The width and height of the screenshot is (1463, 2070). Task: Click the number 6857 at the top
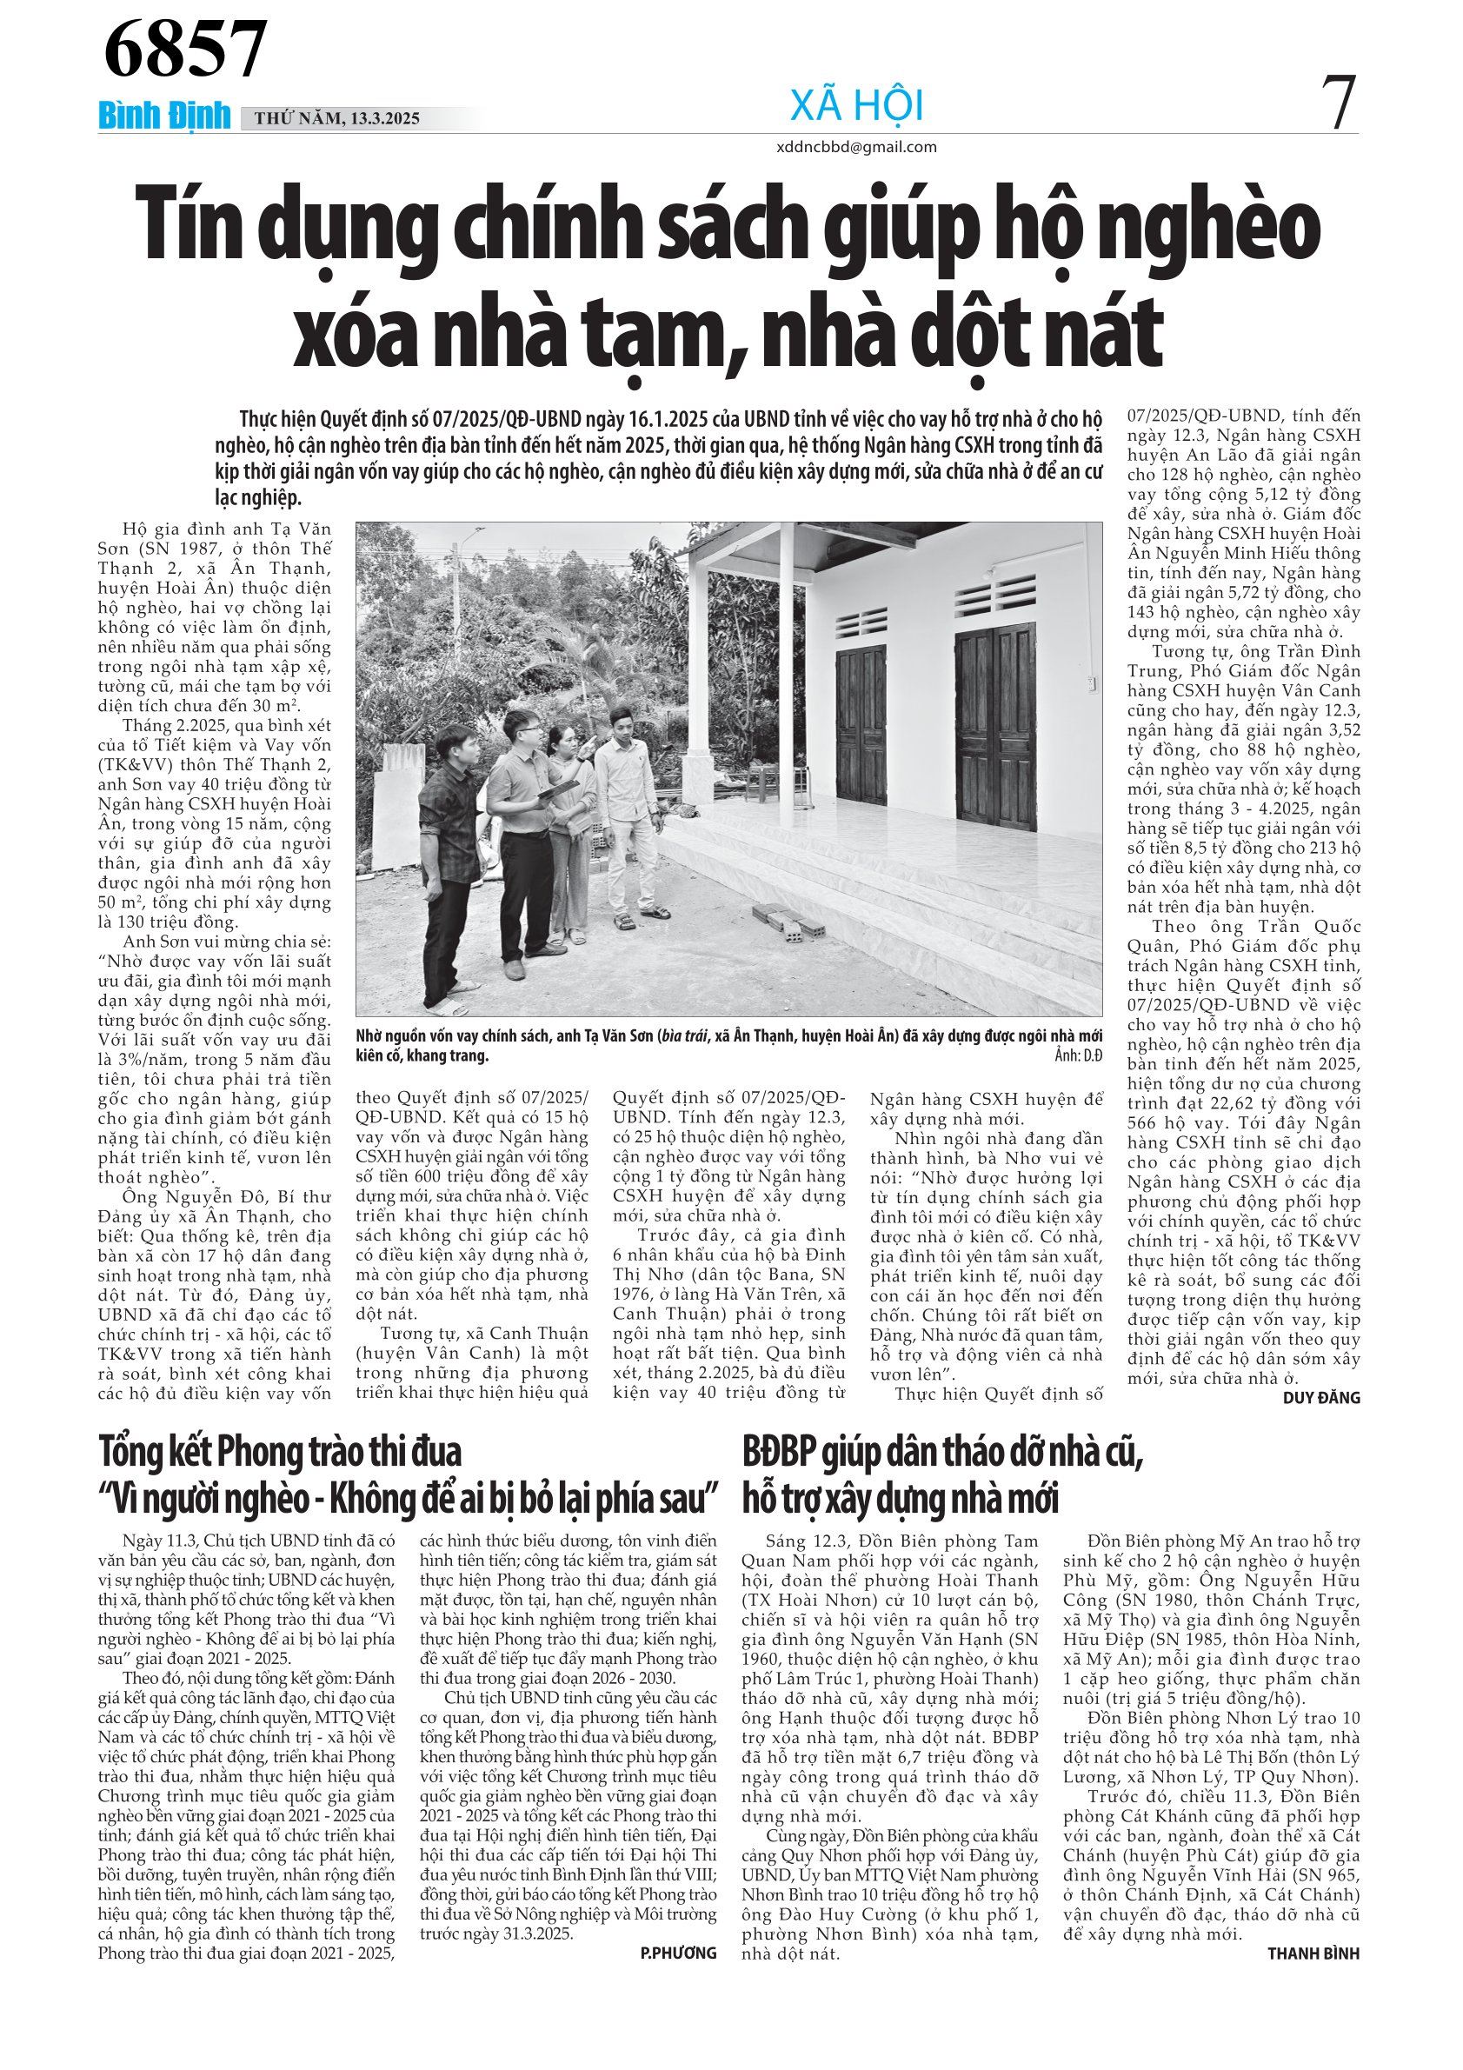click(185, 50)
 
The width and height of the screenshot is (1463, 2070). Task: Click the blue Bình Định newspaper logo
click(164, 116)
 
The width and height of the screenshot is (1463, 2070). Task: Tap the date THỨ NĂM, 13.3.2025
click(337, 118)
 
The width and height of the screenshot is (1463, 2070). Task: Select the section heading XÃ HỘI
click(856, 105)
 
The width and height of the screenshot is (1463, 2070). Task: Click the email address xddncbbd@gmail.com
click(855, 147)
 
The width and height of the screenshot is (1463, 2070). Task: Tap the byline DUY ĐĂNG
click(1320, 1397)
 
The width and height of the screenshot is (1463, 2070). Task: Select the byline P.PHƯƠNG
click(678, 1953)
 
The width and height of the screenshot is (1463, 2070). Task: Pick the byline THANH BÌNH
click(1313, 1953)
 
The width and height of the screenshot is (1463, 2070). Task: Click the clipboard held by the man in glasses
click(559, 789)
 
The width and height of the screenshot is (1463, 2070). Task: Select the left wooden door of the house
click(860, 725)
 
